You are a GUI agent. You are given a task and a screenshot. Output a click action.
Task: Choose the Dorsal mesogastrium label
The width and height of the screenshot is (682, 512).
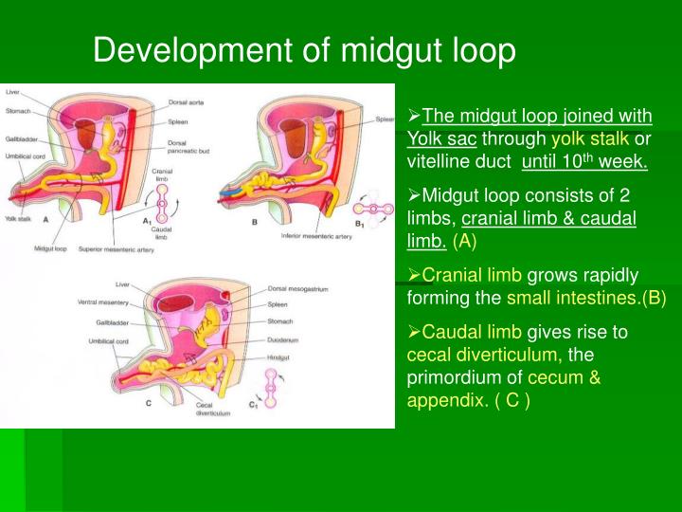click(301, 288)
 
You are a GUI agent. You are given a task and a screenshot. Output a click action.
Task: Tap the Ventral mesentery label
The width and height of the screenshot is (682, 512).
click(103, 303)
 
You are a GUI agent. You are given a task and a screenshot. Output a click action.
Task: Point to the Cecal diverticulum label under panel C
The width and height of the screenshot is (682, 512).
click(211, 409)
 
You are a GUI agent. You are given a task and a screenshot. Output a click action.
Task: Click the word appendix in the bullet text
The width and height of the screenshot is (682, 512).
click(440, 399)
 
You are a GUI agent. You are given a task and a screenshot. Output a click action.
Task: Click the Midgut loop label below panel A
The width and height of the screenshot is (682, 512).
click(48, 249)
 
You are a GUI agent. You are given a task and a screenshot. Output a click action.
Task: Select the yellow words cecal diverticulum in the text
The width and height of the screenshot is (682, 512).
click(483, 356)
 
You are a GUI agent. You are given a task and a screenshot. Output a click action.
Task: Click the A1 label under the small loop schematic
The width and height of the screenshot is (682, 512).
click(147, 220)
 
